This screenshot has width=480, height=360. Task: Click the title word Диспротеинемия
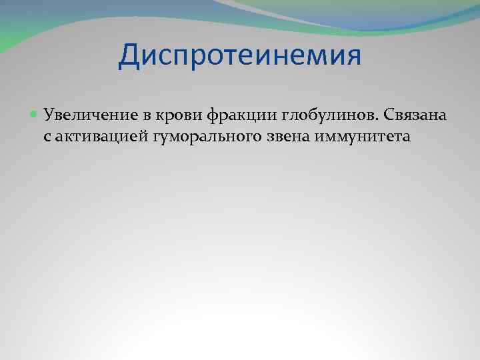239,56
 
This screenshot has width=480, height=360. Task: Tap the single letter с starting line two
48,137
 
